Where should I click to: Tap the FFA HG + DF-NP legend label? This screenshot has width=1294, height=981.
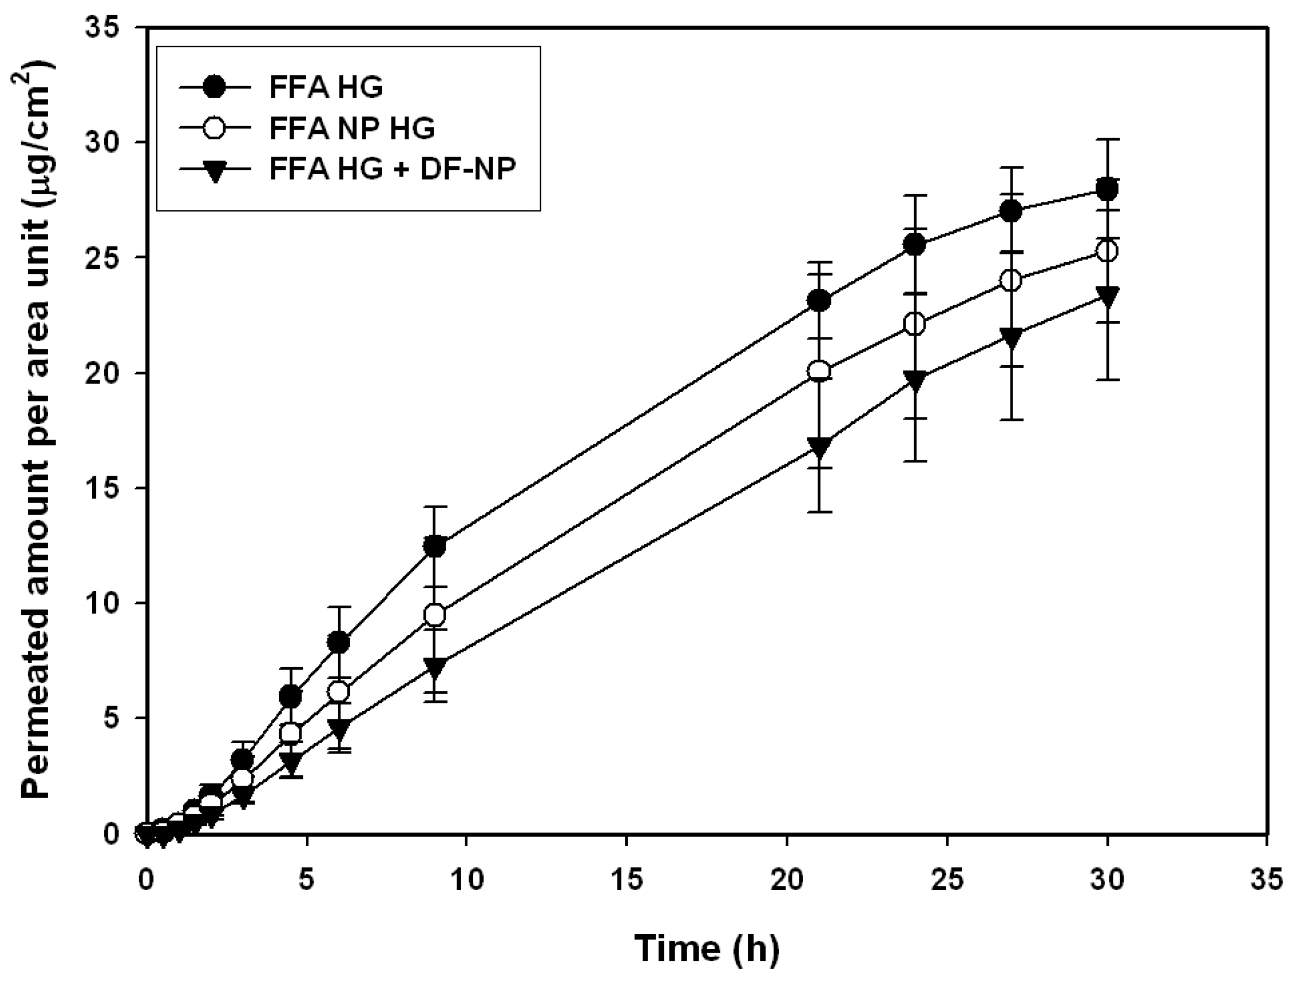(x=392, y=169)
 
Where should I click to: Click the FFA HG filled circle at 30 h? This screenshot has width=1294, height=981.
(x=1107, y=189)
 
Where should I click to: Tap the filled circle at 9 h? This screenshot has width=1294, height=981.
(x=435, y=546)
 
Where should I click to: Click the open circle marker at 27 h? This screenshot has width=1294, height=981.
(x=1011, y=280)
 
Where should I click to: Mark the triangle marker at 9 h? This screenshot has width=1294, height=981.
(x=435, y=666)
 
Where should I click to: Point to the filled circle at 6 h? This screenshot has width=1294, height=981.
(x=338, y=642)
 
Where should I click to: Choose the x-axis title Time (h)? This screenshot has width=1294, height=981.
(x=707, y=949)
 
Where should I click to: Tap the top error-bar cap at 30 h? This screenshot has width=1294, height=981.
(x=1107, y=139)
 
